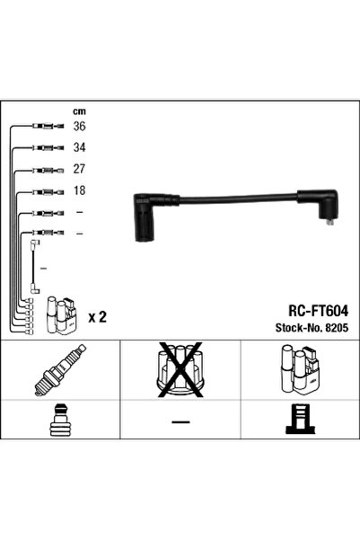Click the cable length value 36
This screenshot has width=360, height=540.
79,126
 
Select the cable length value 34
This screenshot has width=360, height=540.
79,147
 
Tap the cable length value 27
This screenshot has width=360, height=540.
79,169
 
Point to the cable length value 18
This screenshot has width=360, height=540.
79,190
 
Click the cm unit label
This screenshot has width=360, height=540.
79,111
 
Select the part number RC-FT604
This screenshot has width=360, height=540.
318,311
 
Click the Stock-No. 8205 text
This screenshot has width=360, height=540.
312,327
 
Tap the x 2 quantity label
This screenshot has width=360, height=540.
97,317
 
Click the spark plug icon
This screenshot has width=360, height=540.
60,370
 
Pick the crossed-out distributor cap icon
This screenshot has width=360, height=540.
180,370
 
